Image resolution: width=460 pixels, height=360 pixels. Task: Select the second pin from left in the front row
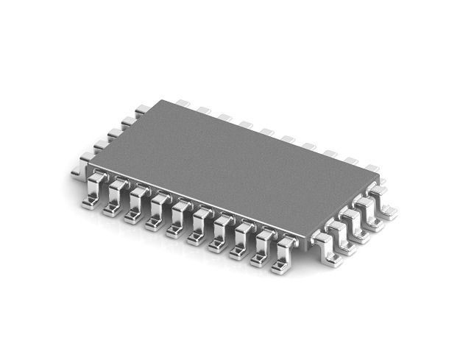click(x=115, y=197)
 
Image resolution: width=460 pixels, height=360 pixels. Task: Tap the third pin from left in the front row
click(x=135, y=205)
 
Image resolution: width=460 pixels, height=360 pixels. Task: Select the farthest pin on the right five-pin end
click(x=383, y=198)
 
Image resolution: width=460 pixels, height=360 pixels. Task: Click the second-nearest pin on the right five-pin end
click(x=344, y=234)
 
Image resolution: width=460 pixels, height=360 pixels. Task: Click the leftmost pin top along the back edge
click(x=183, y=104)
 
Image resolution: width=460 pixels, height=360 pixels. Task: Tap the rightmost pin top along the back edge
click(x=372, y=169)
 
